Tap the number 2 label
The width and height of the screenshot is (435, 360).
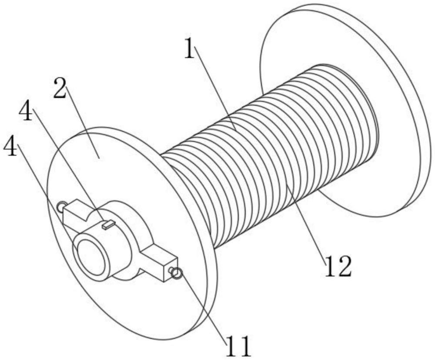tap(60, 88)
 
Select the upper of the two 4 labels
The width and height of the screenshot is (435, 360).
tap(26, 110)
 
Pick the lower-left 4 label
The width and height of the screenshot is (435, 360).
tap(10, 146)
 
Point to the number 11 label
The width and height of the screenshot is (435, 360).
tap(239, 347)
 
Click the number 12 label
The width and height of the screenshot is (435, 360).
tap(338, 266)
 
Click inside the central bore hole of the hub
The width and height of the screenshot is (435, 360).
tap(91, 257)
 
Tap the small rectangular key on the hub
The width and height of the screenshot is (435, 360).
tap(108, 225)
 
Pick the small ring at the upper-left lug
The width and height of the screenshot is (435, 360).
tap(61, 206)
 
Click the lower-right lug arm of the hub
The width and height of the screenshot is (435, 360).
tap(158, 261)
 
